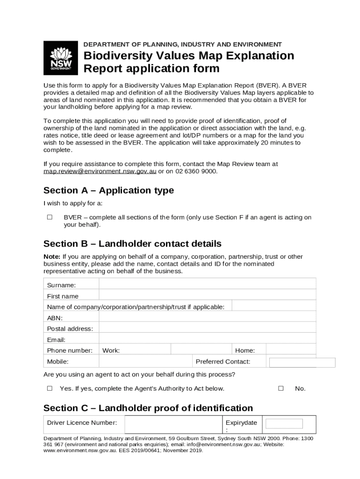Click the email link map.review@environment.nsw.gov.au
pyautogui.click(x=100, y=171)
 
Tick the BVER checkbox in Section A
pyautogui.click(x=50, y=218)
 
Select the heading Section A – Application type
pyautogui.click(x=108, y=190)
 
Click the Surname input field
pyautogui.click(x=207, y=285)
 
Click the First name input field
pyautogui.click(x=207, y=296)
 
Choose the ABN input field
pyautogui.click(x=207, y=318)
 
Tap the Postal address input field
pyautogui.click(x=207, y=328)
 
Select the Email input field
pyautogui.click(x=207, y=339)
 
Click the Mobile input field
pyautogui.click(x=145, y=362)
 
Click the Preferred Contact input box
pyautogui.click(x=302, y=363)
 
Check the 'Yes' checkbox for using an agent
pyautogui.click(x=50, y=388)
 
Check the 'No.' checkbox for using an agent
pyautogui.click(x=281, y=388)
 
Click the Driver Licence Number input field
pyautogui.click(x=173, y=424)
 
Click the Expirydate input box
pyautogui.click(x=284, y=424)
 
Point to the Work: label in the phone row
pyautogui.click(x=111, y=350)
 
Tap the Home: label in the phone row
pyautogui.click(x=245, y=350)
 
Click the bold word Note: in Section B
pyautogui.click(x=52, y=257)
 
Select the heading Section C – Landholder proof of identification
pyautogui.click(x=148, y=408)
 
